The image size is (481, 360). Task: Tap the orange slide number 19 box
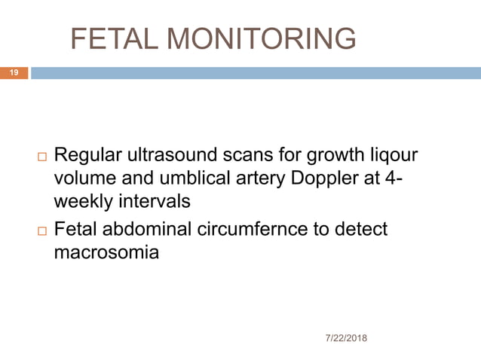click(14, 73)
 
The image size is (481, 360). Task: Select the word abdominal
click(152, 229)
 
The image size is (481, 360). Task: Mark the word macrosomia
click(106, 252)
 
